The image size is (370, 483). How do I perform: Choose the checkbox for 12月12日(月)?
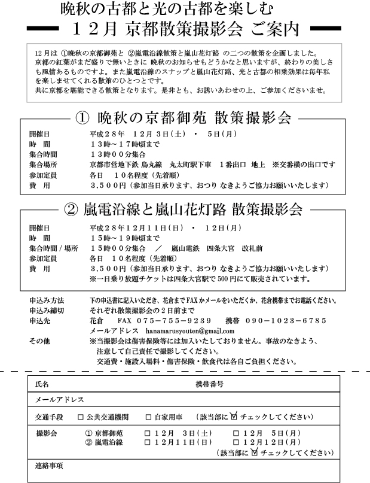[x=236, y=442]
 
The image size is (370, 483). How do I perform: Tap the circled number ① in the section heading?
[x=84, y=117]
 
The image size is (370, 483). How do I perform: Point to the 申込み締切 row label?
[x=46, y=311]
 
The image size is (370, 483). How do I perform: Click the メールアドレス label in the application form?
[x=60, y=400]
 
